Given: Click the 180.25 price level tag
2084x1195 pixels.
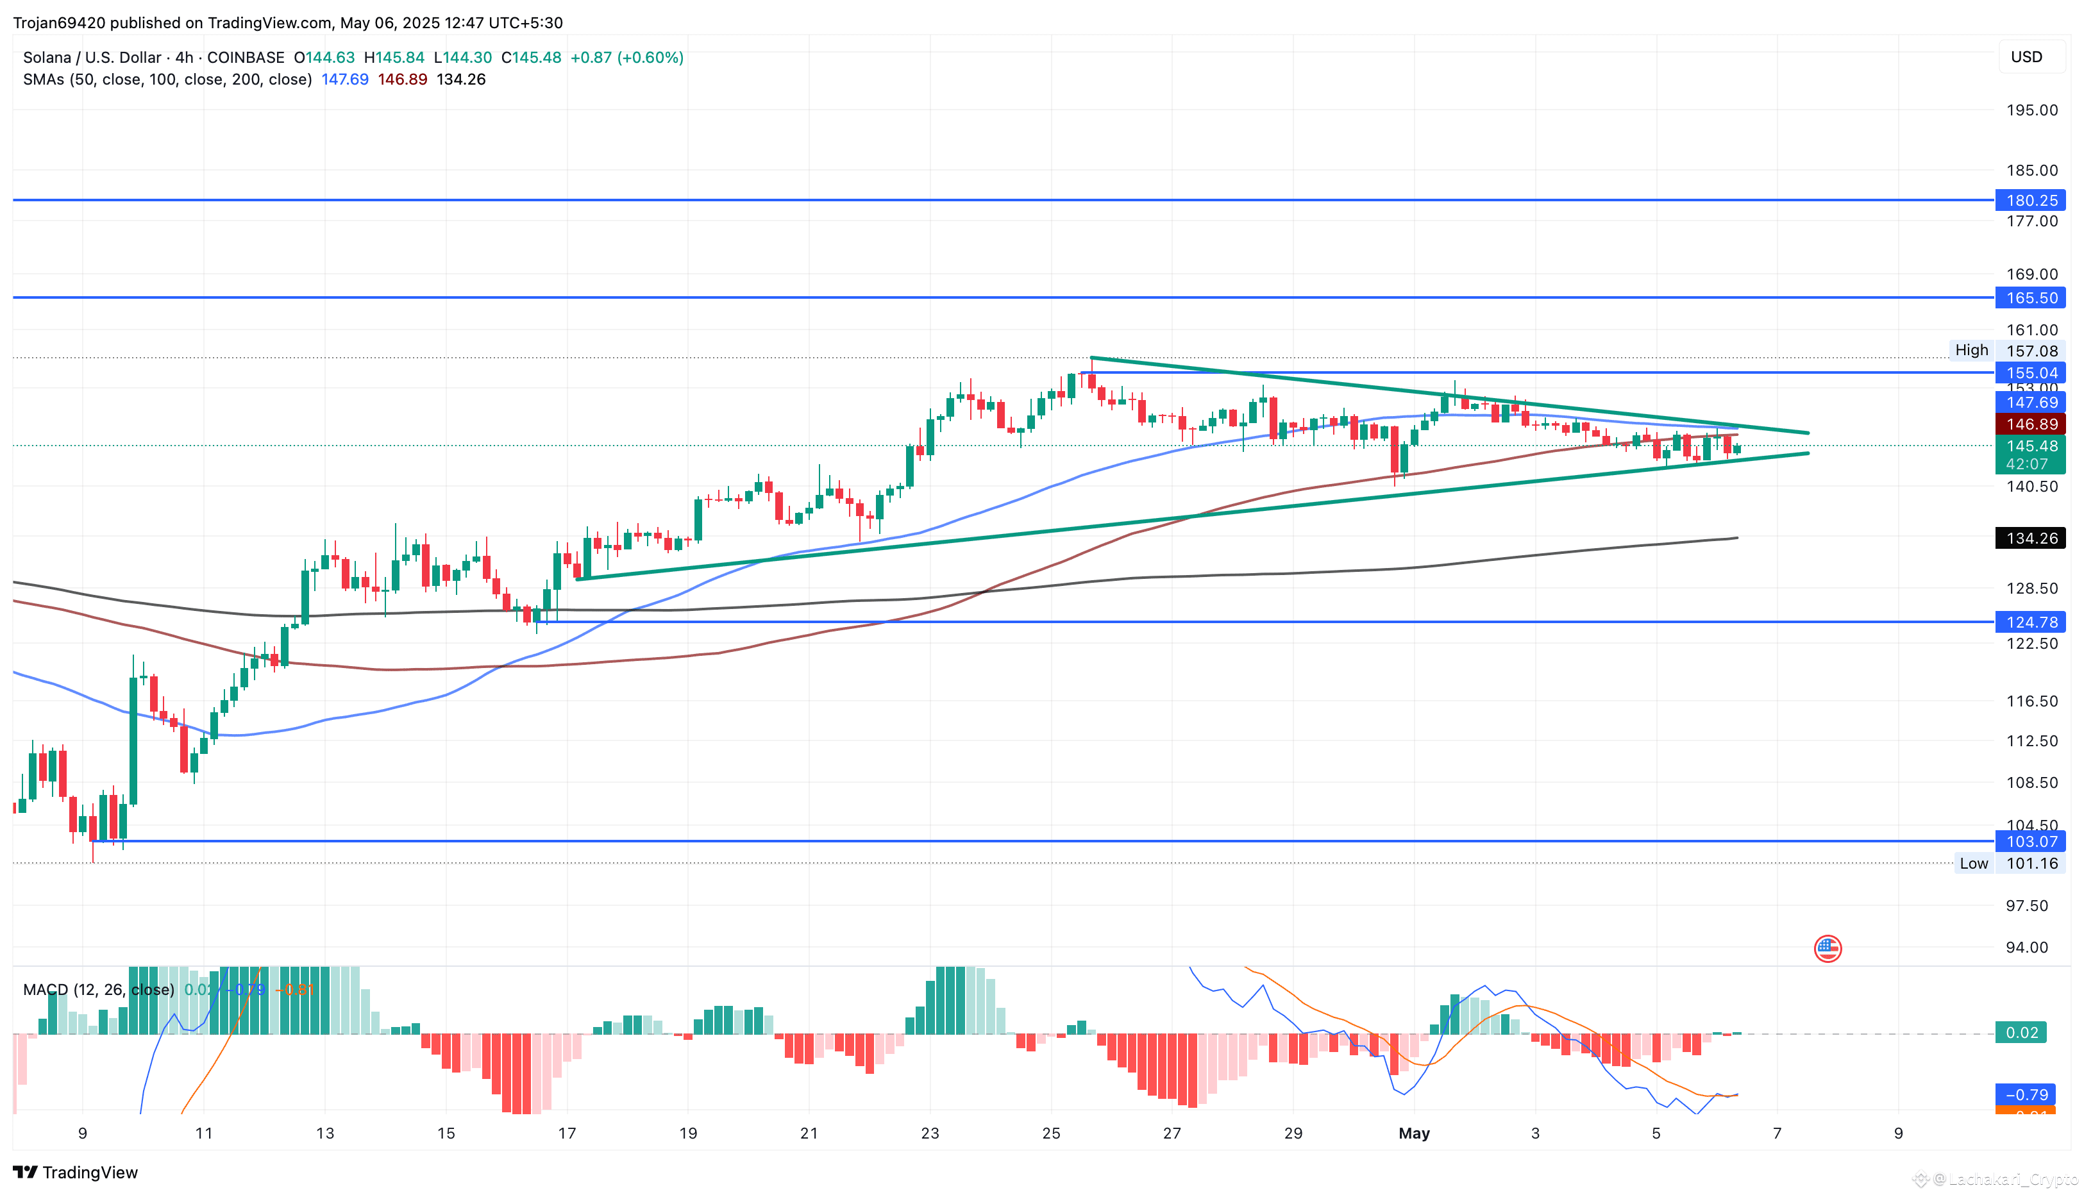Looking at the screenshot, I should (x=2030, y=200).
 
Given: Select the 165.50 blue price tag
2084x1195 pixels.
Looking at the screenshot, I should (x=2030, y=298).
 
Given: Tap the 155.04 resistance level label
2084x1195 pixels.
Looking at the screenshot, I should (x=2030, y=372).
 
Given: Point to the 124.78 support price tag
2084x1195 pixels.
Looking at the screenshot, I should (x=2030, y=622).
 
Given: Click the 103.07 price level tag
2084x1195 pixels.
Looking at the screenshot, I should (x=2030, y=841).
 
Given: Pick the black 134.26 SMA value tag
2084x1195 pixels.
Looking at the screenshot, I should (x=2030, y=539).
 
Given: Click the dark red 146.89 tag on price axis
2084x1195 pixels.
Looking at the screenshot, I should (x=2030, y=424).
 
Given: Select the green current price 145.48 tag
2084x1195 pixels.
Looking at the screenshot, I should (x=2030, y=446).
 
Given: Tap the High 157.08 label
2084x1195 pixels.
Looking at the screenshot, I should (x=2007, y=351).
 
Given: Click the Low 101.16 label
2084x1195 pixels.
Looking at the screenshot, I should (x=2007, y=864).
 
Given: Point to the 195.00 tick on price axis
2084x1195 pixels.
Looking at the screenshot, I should (x=2031, y=110).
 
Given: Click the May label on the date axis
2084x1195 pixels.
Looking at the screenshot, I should (x=1413, y=1133).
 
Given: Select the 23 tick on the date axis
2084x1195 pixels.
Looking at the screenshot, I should (x=929, y=1133).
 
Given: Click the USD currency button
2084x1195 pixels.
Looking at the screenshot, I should (x=2026, y=56).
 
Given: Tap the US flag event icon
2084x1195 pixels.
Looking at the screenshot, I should (x=1827, y=949).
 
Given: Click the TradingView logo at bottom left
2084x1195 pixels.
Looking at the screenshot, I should (x=76, y=1172).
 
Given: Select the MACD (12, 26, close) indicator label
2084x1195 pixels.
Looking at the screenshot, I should (x=99, y=990).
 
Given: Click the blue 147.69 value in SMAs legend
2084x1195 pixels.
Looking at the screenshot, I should (x=345, y=79).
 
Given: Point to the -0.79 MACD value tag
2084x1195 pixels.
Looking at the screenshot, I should (x=2025, y=1095).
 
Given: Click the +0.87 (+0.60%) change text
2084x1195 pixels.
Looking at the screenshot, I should (x=626, y=58).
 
